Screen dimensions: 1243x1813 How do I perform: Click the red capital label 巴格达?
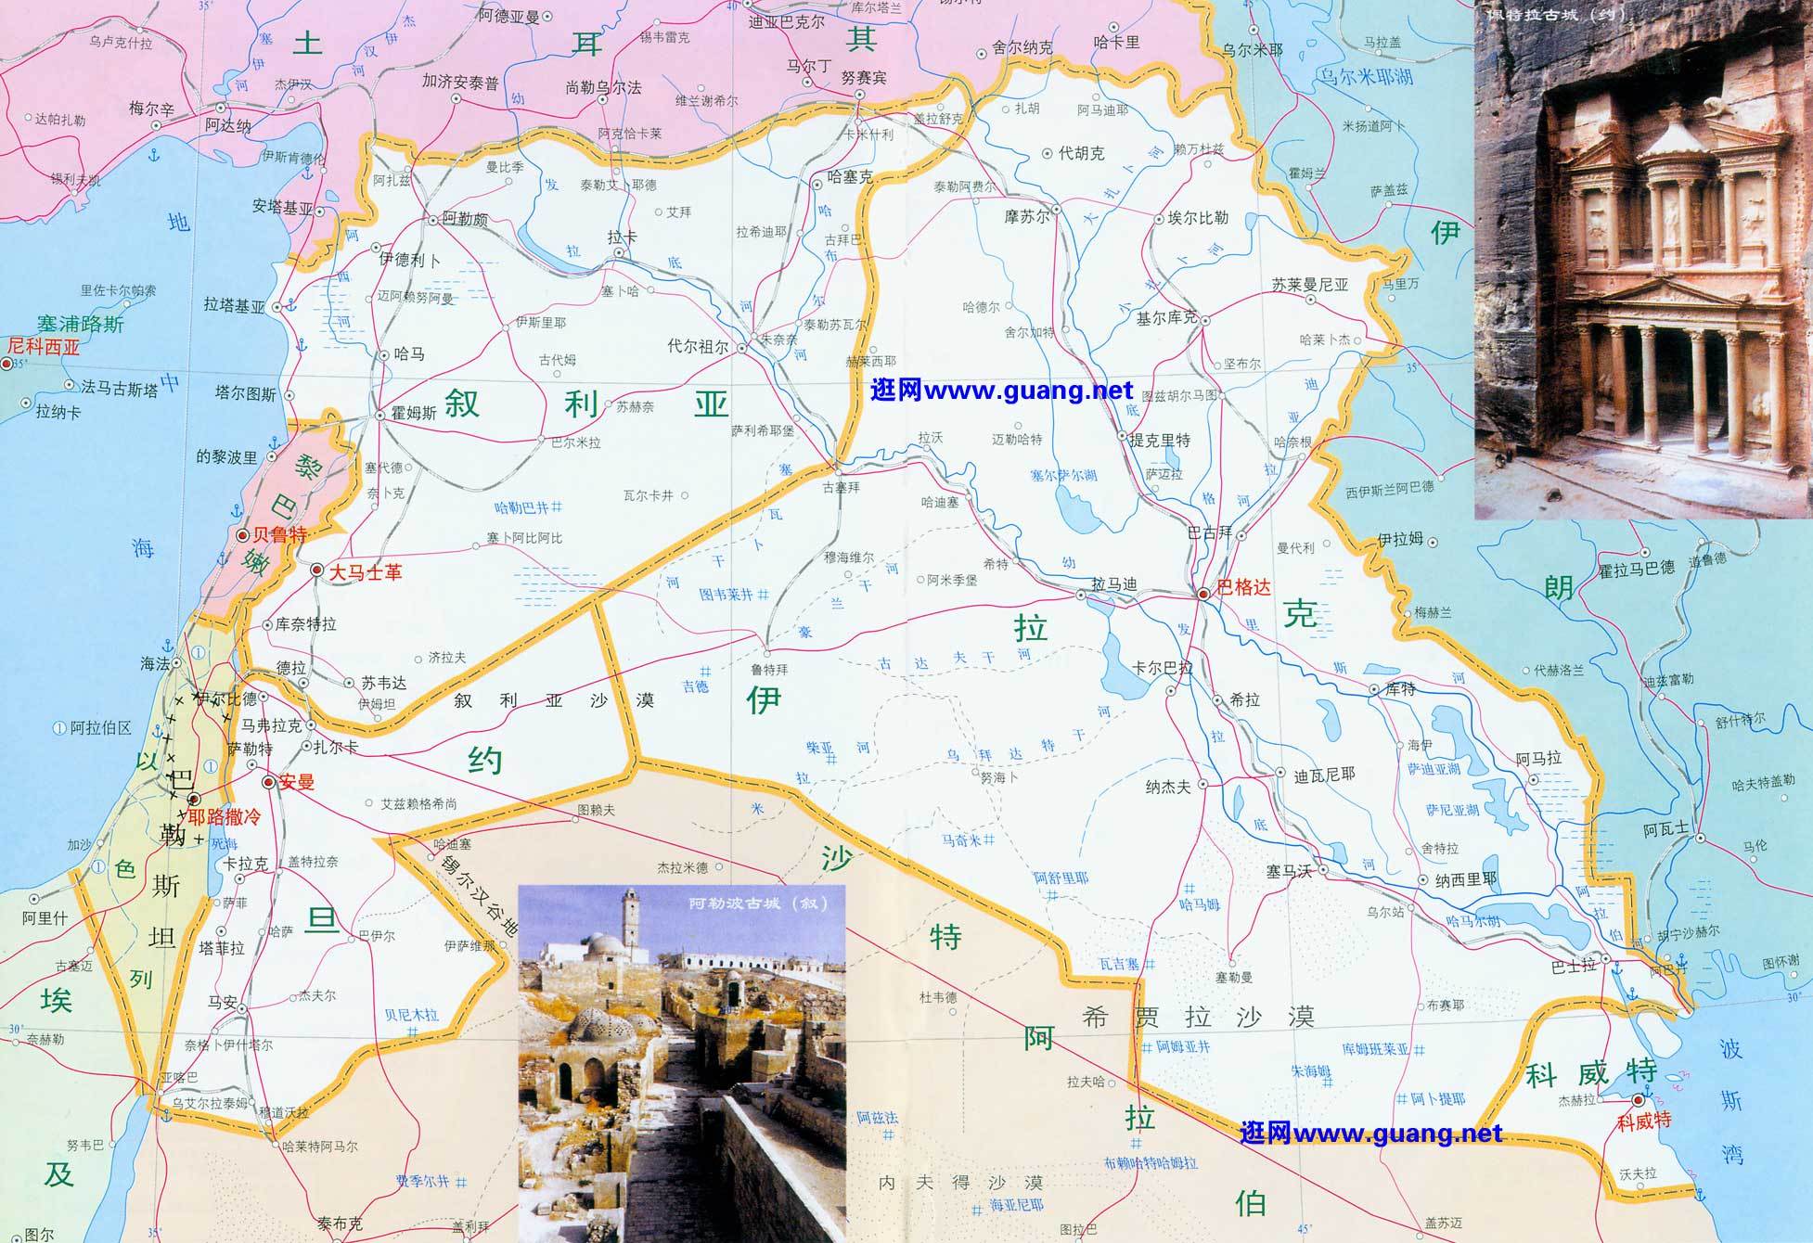coord(1242,587)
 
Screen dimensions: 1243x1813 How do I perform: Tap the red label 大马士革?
coord(366,572)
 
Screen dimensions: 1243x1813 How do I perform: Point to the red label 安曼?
coord(297,782)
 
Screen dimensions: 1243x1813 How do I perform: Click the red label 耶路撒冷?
coord(225,817)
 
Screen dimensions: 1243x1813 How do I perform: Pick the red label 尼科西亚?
coord(43,348)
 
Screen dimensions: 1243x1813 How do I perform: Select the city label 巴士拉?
coord(1574,966)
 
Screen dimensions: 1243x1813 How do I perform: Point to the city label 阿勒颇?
coord(465,220)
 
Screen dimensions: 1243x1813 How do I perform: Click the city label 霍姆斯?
coord(414,414)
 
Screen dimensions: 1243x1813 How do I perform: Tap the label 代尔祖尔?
coord(698,347)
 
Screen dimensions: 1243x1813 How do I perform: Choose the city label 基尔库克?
coord(1167,317)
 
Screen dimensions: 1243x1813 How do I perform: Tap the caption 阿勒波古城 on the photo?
coord(756,903)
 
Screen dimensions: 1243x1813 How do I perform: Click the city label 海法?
coord(155,663)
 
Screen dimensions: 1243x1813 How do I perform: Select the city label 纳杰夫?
coord(1168,787)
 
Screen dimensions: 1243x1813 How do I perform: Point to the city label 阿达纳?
coord(228,126)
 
